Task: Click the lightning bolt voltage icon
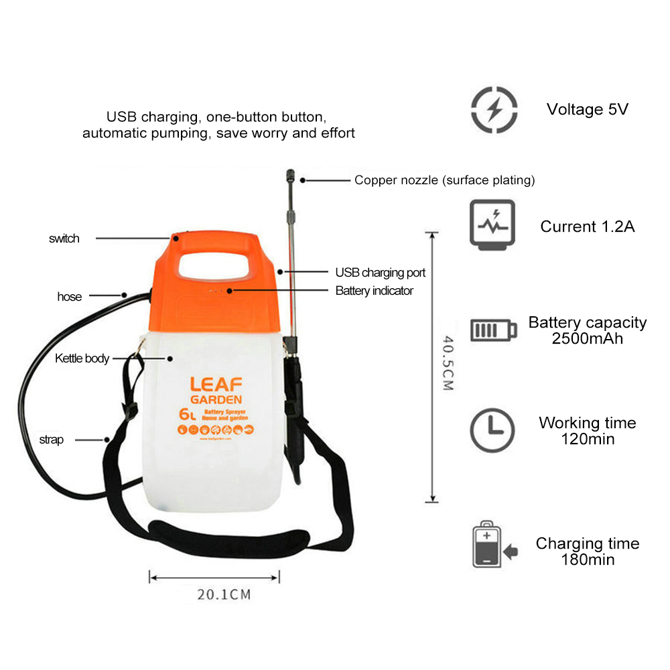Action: (494, 109)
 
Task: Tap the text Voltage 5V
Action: (587, 109)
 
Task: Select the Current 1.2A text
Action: (587, 226)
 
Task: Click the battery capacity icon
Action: (494, 330)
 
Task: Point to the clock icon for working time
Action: (492, 429)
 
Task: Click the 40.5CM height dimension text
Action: (448, 363)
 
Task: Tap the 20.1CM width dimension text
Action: (215, 594)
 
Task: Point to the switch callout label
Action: (64, 239)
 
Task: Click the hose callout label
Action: (69, 297)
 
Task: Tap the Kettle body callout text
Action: (82, 358)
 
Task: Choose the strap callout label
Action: (51, 440)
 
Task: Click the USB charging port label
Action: (380, 273)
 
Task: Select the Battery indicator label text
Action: (374, 291)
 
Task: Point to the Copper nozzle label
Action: (444, 180)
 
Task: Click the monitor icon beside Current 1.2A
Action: (492, 224)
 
